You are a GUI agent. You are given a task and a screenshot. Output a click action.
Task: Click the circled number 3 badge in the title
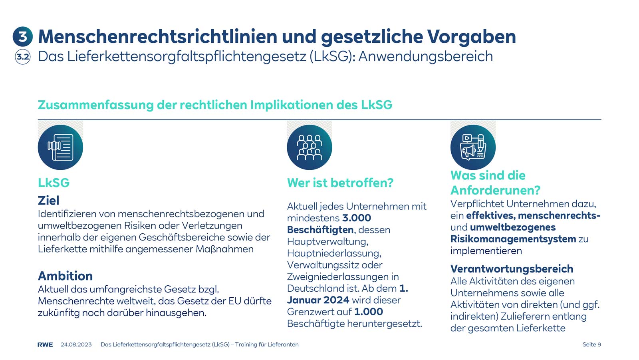pos(22,36)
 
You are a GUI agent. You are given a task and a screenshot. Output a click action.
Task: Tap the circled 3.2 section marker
pos(23,57)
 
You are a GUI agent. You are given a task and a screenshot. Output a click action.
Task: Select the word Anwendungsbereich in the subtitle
pos(425,56)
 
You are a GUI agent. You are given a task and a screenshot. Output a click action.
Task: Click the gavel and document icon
pos(60,147)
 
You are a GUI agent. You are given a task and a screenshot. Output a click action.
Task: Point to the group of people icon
pos(309,147)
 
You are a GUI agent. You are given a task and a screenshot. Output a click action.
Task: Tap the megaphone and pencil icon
pos(473,147)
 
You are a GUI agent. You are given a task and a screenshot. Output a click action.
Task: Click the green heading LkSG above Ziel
pos(54,183)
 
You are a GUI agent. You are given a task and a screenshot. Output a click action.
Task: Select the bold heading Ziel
pos(48,200)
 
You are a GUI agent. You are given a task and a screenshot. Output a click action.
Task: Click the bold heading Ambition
pos(65,276)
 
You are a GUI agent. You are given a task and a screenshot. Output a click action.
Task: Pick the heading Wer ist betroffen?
pos(340,183)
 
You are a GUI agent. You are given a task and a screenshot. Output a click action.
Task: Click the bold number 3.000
pos(357,218)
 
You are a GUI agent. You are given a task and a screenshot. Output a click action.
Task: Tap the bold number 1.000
pos(368,312)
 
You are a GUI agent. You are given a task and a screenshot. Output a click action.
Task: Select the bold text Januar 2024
pos(318,300)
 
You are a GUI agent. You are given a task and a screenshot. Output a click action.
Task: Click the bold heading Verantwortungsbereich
pos(512,269)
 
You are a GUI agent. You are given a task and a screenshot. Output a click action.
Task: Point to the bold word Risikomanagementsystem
pos(513,239)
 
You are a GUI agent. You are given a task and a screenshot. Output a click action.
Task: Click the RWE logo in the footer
pos(45,344)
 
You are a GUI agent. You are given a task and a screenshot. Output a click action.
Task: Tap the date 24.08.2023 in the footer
pos(76,344)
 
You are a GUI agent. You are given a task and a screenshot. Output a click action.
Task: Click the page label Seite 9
pos(591,344)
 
